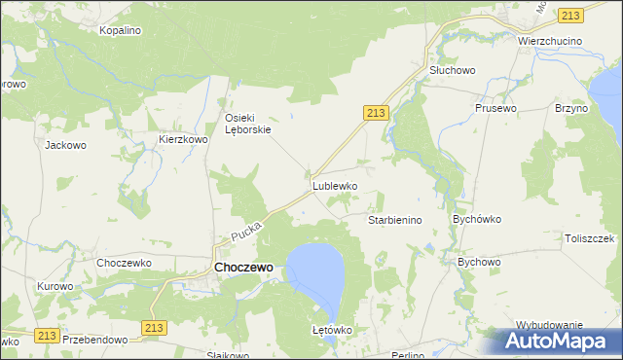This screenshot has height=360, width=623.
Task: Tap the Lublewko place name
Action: (335, 185)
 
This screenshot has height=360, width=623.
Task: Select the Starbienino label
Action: (394, 220)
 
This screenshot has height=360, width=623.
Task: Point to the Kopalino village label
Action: (121, 30)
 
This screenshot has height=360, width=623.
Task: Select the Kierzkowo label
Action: (184, 140)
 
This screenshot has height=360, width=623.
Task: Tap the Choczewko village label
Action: (121, 263)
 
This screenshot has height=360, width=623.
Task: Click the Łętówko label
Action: (331, 330)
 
